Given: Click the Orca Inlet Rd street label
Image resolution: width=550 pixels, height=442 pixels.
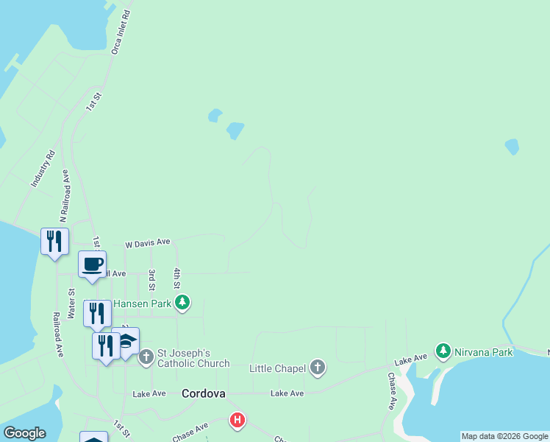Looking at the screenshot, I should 121,32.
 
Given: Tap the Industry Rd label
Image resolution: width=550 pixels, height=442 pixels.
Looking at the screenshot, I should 43,168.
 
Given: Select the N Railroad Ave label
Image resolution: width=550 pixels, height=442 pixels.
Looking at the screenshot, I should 65,196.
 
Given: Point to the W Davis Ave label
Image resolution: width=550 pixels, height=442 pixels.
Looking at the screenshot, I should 147,242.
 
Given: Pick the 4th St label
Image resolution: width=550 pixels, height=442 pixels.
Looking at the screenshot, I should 177,278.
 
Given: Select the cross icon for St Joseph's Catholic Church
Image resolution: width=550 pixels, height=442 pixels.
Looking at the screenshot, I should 146,358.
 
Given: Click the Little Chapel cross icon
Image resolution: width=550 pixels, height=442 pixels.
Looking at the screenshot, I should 318,368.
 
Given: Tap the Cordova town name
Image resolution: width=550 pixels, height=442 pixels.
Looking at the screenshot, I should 203,393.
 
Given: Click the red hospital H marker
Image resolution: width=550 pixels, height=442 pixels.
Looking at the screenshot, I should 238,421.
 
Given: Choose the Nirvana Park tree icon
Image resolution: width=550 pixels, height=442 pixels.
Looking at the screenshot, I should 443,351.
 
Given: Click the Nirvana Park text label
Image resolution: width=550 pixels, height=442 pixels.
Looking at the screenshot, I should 483,352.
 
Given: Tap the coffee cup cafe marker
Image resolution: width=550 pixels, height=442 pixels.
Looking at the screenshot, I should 93,265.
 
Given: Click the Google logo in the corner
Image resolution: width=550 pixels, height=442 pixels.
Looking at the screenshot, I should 24,433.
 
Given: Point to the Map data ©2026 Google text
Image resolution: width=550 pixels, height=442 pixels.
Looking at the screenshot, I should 504,436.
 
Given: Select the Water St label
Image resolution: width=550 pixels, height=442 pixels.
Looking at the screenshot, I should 72,302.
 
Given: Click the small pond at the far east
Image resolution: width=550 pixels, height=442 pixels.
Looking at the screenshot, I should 512,147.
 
